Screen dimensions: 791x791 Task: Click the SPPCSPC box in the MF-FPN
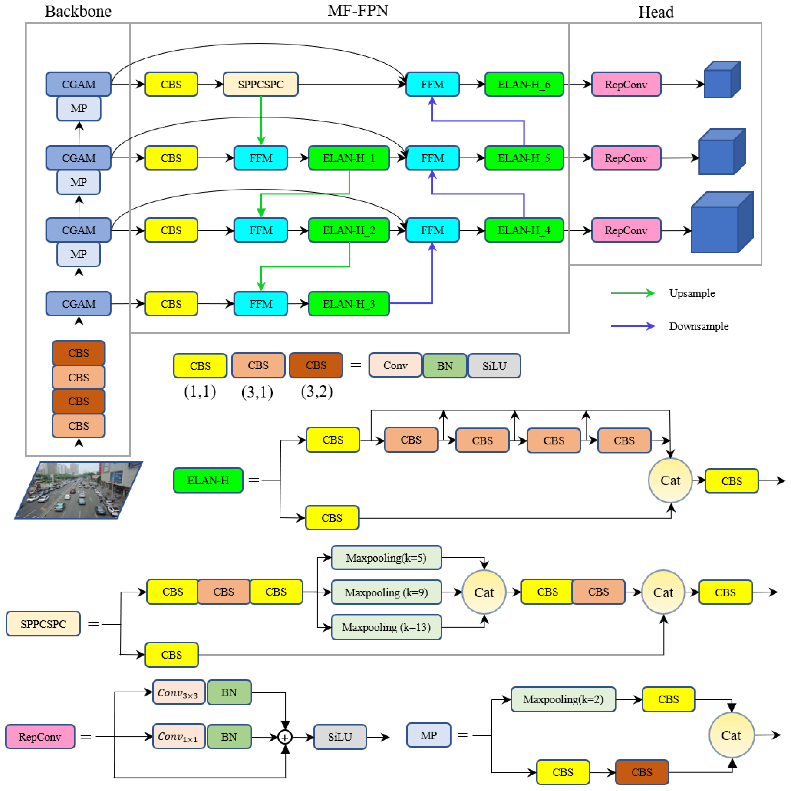[x=260, y=84]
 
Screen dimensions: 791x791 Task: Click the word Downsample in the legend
[x=698, y=326]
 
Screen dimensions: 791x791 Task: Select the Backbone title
[x=78, y=11]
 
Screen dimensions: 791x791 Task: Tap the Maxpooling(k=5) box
[x=386, y=558]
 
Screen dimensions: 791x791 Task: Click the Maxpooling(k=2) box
[x=563, y=699]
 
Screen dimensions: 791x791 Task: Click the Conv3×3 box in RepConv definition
[x=179, y=692]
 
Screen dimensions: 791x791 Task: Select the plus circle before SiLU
[x=285, y=737]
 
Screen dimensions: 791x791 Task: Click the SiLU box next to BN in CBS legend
[x=494, y=366]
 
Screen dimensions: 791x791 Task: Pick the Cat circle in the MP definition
[x=731, y=735]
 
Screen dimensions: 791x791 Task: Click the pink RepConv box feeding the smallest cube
[x=626, y=84]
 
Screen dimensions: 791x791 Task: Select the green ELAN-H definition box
[x=208, y=480]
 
